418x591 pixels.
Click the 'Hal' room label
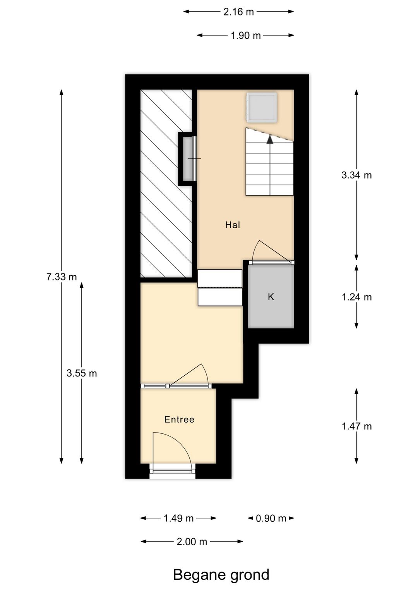point(233,225)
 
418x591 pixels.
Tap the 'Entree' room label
point(179,419)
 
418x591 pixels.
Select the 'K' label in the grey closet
point(271,297)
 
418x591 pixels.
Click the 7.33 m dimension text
point(62,277)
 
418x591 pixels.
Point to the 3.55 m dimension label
point(82,373)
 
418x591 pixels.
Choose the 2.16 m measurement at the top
point(238,12)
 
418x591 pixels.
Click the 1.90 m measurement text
point(246,36)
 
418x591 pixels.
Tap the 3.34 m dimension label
point(356,175)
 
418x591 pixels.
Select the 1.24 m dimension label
point(356,297)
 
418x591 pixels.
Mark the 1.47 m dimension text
point(356,426)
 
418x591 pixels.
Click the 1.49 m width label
point(178,518)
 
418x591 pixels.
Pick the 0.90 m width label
point(271,518)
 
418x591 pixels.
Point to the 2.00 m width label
point(192,542)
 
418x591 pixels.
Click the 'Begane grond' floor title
point(221,575)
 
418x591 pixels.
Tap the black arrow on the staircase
point(270,139)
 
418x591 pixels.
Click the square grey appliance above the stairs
point(262,107)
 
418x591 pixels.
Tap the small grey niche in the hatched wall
point(187,159)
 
